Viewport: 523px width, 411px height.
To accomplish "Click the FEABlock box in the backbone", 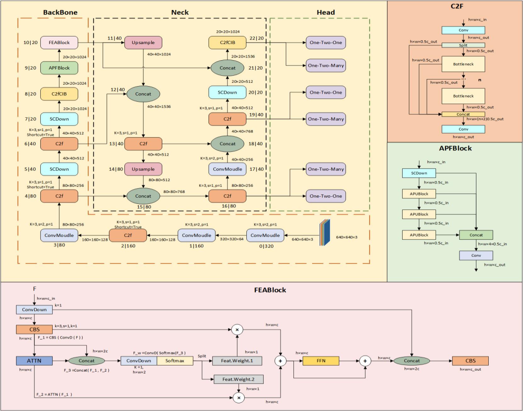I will pos(59,43).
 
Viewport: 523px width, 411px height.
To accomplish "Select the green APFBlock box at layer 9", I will pos(59,68).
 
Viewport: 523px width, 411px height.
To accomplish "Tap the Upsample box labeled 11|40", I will pos(143,43).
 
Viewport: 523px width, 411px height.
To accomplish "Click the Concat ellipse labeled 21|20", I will pos(227,68).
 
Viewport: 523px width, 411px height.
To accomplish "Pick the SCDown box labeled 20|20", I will pos(227,92).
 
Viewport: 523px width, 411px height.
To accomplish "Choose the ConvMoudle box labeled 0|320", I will pos(265,235).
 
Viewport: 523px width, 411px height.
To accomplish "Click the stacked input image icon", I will pos(325,232).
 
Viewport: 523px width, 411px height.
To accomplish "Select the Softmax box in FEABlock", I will pos(175,361).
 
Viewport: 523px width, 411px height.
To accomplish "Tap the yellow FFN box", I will pos(321,361).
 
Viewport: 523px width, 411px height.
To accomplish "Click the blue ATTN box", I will pos(34,361).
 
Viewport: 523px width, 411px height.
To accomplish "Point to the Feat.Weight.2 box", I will pos(238,379).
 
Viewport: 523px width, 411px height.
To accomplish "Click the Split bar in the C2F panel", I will pos(463,45).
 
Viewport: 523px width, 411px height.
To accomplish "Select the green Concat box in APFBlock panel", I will pos(476,235).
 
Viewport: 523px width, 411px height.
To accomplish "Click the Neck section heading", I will pos(180,13).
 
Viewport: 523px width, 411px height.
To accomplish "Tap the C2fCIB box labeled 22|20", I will pos(227,43).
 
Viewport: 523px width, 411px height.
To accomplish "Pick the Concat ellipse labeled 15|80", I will pos(143,196).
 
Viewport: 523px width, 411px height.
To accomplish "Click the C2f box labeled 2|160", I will pos(128,235).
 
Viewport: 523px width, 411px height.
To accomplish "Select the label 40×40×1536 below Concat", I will pos(159,106).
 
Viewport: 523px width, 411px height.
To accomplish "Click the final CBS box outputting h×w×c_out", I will pos(470,361).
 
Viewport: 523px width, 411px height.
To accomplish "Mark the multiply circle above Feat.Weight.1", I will pos(237,330).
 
